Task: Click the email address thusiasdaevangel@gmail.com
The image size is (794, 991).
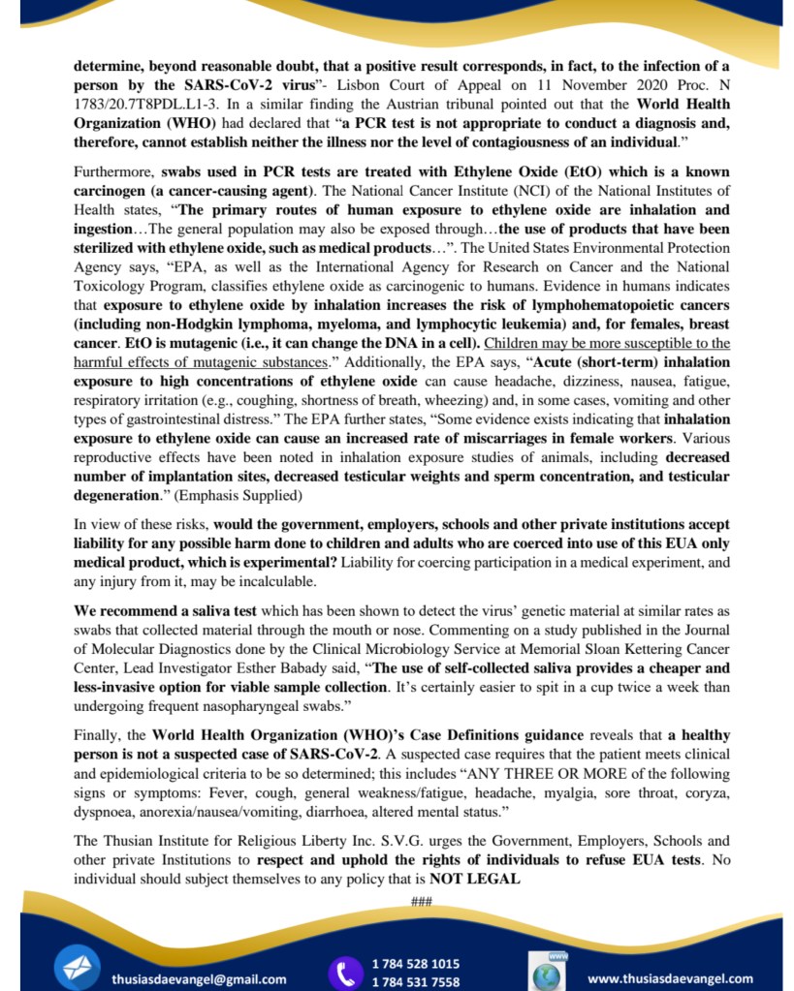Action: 198,978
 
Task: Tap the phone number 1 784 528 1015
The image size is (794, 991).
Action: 416,963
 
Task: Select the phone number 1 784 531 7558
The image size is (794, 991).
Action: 416,982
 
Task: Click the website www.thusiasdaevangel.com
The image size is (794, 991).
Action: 670,978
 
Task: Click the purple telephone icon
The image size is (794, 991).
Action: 344,973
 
